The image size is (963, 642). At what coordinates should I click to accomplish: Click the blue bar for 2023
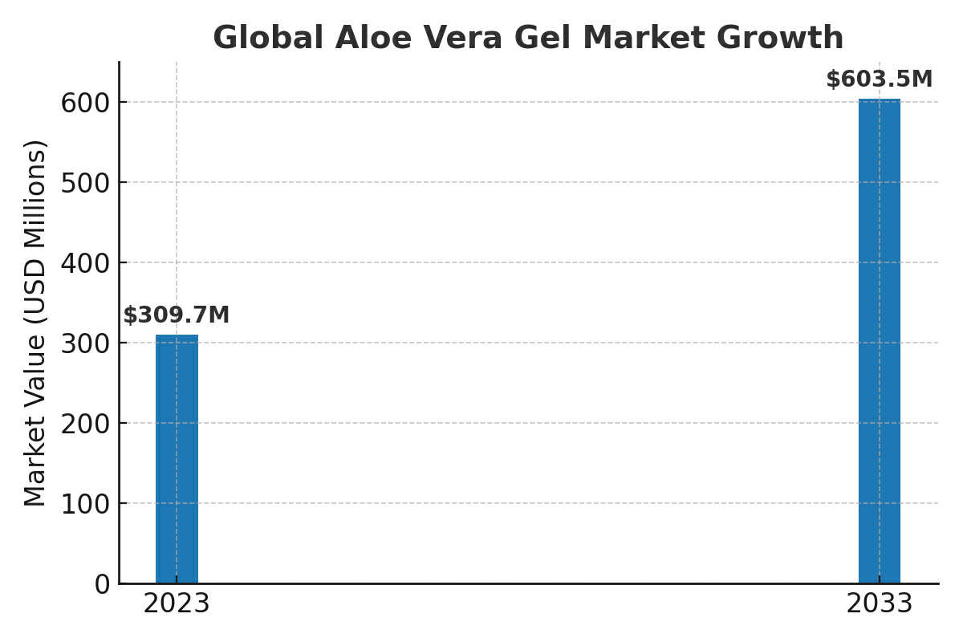tap(177, 458)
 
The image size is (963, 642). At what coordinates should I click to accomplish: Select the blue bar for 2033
tap(880, 341)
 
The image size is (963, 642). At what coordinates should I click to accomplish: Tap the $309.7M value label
tap(177, 315)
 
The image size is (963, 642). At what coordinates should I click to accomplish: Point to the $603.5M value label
tap(880, 79)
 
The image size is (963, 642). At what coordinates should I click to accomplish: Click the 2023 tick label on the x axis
tap(177, 603)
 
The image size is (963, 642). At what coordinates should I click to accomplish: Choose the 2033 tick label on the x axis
tap(880, 603)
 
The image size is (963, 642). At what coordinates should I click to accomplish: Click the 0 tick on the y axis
tap(102, 584)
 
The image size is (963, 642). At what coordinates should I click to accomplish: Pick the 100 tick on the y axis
tap(85, 504)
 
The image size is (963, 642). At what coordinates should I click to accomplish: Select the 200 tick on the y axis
tap(85, 424)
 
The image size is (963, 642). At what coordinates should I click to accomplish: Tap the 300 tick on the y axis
tap(85, 343)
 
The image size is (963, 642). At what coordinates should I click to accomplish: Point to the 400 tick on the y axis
tap(85, 263)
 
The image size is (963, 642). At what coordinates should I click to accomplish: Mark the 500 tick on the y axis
tap(85, 183)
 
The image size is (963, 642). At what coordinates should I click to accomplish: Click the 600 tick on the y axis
tap(85, 103)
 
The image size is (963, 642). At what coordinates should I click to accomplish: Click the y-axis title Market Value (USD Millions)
tap(35, 323)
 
